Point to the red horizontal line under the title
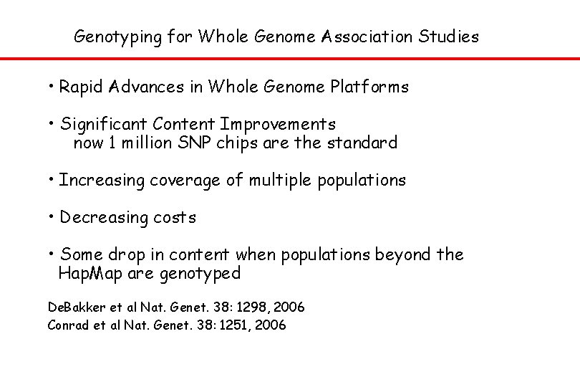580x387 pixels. pyautogui.click(x=290, y=59)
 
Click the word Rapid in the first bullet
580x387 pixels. pyautogui.click(x=82, y=87)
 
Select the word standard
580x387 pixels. pyautogui.click(x=362, y=143)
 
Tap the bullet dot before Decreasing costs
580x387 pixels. pyautogui.click(x=52, y=215)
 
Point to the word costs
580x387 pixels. pyautogui.click(x=175, y=217)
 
